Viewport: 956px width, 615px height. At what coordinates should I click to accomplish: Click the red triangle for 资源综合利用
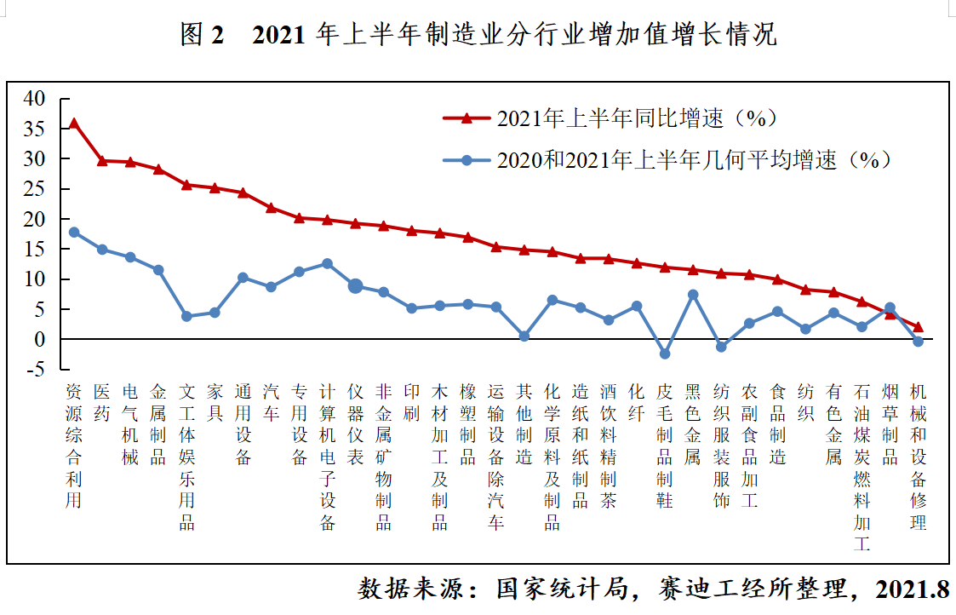pos(74,124)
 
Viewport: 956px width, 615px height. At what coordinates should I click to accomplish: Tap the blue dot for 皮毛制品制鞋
pos(665,353)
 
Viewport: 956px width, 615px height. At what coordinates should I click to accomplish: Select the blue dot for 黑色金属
pos(693,295)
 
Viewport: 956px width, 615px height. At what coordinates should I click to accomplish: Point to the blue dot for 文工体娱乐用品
pos(186,316)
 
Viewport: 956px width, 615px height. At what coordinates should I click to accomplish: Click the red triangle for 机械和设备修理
pos(918,327)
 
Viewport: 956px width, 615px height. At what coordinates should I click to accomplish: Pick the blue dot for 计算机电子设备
pos(327,264)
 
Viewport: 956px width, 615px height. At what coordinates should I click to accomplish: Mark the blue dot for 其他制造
pos(524,336)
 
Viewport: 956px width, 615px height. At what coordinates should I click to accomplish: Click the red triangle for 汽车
pos(271,208)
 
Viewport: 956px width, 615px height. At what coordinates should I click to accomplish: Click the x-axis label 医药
pos(102,402)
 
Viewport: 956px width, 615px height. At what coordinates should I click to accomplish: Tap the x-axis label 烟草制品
pos(890,423)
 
